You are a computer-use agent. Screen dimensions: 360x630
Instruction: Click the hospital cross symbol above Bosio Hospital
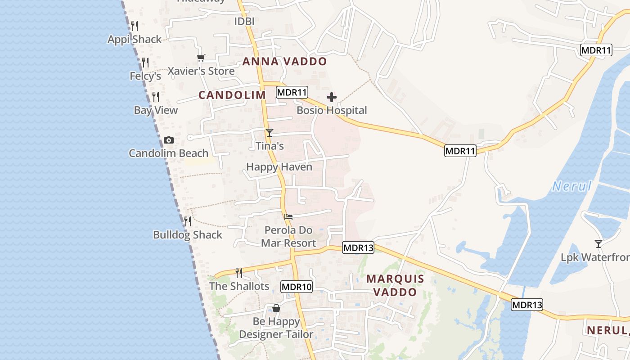click(x=332, y=97)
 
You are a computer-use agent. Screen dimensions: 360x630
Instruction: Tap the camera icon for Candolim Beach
click(x=169, y=140)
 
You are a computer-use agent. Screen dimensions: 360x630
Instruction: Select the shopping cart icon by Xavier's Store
click(x=201, y=58)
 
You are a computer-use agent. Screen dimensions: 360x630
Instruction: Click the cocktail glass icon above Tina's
click(x=269, y=133)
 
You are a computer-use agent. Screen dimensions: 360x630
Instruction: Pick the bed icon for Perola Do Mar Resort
click(x=288, y=217)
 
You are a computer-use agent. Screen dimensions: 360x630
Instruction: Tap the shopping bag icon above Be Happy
click(x=276, y=308)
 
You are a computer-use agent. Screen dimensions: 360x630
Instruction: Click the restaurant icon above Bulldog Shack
click(x=188, y=221)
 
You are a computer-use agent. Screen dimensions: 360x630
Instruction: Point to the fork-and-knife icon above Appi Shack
click(x=135, y=26)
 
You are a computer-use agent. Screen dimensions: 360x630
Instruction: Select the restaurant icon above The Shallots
click(x=239, y=273)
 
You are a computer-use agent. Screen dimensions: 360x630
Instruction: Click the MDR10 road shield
click(x=297, y=287)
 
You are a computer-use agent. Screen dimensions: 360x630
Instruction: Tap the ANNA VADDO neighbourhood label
click(x=284, y=62)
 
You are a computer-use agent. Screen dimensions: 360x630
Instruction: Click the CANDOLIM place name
click(x=232, y=95)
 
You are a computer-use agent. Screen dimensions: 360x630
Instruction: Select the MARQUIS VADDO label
click(x=395, y=285)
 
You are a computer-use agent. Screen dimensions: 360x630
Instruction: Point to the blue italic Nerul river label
click(x=571, y=186)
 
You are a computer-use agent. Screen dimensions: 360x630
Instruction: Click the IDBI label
click(x=245, y=21)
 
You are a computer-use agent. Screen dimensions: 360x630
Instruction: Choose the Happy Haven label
click(x=279, y=167)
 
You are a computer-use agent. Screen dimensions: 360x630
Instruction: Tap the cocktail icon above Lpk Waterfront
click(x=598, y=244)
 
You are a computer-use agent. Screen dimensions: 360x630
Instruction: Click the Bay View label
click(x=156, y=110)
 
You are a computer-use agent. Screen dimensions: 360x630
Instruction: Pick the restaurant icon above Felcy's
click(x=145, y=62)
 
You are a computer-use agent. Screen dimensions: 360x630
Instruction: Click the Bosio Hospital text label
click(x=332, y=110)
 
